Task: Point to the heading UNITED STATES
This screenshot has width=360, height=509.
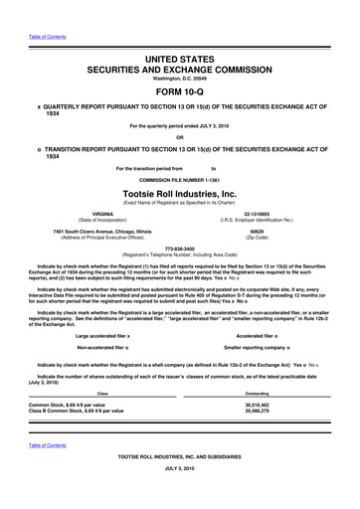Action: pyautogui.click(x=180, y=61)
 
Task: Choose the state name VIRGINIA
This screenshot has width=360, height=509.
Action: pyautogui.click(x=101, y=213)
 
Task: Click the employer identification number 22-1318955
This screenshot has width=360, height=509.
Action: pyautogui.click(x=257, y=213)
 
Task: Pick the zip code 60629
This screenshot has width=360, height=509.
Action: pyautogui.click(x=257, y=231)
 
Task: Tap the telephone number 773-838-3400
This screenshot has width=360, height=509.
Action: pyautogui.click(x=180, y=250)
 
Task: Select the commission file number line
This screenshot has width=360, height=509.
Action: pyautogui.click(x=180, y=179)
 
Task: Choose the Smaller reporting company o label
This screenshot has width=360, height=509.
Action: pyautogui.click(x=257, y=348)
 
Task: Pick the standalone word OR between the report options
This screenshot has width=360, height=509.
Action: pyautogui.click(x=180, y=137)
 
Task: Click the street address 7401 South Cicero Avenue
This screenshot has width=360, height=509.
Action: pyautogui.click(x=102, y=231)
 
